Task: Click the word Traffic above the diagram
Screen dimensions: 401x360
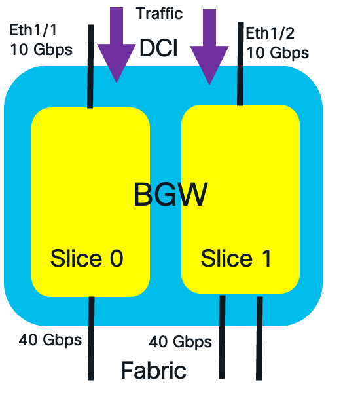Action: coord(159,13)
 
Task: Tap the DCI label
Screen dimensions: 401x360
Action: coord(158,48)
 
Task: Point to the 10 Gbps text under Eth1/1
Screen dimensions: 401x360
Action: coord(41,49)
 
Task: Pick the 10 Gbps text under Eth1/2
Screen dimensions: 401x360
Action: coord(278,52)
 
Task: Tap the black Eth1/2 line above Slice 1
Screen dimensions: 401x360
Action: coord(240,66)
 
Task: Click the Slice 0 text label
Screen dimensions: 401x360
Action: coord(86,259)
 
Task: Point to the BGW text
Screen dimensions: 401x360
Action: coord(170,195)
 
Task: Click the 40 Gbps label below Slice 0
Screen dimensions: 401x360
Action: coord(50,340)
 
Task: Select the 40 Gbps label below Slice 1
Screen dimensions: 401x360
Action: coord(180,341)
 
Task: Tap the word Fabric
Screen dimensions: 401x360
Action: coord(153,371)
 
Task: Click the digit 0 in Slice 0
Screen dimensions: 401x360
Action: coord(116,259)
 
